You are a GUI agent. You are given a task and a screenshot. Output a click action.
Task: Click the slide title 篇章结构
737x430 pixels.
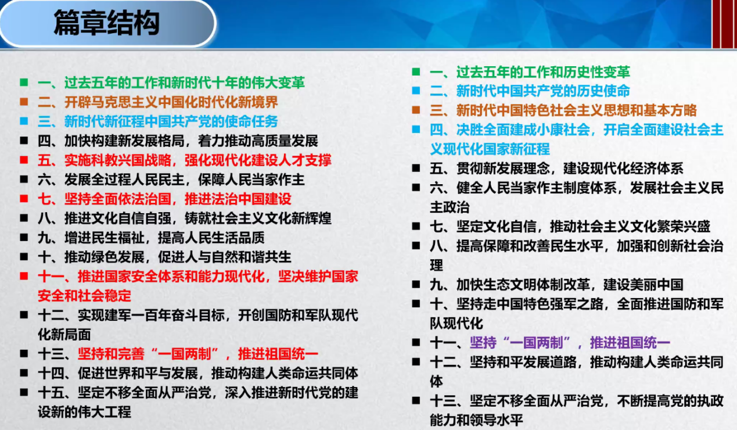[x=107, y=23]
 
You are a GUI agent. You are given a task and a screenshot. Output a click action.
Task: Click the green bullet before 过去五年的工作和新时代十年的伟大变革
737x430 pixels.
[x=24, y=83]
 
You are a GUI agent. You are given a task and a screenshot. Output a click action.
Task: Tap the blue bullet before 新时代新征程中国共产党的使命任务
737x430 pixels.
[x=24, y=121]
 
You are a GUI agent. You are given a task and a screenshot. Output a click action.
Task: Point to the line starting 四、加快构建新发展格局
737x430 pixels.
[x=178, y=141]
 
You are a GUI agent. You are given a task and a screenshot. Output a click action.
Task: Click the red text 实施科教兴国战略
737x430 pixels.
[x=118, y=160]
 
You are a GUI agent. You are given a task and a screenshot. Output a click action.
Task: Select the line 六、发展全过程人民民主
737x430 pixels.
[x=171, y=180]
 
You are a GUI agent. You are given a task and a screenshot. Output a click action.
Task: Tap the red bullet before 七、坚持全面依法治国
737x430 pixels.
[x=24, y=199]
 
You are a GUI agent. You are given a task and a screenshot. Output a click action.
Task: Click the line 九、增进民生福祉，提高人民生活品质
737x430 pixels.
[x=151, y=238]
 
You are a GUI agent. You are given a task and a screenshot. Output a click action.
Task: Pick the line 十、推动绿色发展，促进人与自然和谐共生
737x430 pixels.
[x=164, y=257]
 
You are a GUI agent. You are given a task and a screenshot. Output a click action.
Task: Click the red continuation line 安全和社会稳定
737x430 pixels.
[x=85, y=296]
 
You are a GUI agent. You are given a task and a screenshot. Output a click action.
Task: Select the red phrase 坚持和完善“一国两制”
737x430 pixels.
[x=148, y=354]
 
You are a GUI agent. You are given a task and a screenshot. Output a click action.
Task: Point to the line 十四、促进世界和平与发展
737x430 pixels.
[x=198, y=374]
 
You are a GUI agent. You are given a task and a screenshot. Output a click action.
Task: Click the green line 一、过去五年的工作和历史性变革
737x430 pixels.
[x=530, y=72]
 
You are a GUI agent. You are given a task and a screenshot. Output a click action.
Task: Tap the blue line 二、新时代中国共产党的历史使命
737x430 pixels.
[x=530, y=91]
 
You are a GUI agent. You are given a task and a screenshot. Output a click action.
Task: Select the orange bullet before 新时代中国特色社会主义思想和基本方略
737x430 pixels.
[x=416, y=110]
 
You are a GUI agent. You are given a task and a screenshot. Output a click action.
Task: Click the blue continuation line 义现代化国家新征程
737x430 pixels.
[x=490, y=149]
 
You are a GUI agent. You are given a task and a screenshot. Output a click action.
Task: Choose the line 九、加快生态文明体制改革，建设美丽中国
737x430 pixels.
[x=556, y=285]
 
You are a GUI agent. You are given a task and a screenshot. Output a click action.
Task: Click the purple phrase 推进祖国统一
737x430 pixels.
[x=630, y=343]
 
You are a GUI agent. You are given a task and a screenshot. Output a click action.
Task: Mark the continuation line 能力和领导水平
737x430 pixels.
[x=476, y=420]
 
